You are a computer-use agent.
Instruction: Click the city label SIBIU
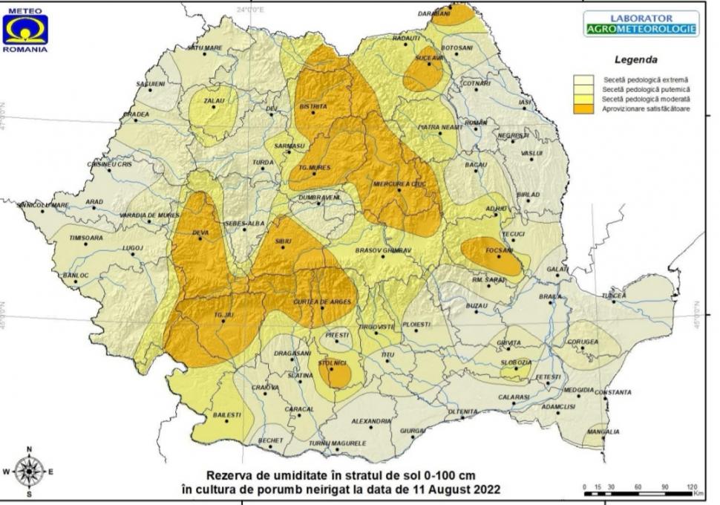click(x=283, y=242)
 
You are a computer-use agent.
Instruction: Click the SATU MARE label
click(x=204, y=48)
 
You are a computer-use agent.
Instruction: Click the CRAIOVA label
click(x=265, y=388)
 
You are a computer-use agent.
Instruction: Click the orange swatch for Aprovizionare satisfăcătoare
click(x=583, y=109)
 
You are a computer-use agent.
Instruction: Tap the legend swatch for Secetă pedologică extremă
click(x=583, y=79)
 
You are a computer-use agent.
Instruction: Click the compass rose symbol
click(x=29, y=472)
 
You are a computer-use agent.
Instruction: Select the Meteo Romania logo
click(x=24, y=30)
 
